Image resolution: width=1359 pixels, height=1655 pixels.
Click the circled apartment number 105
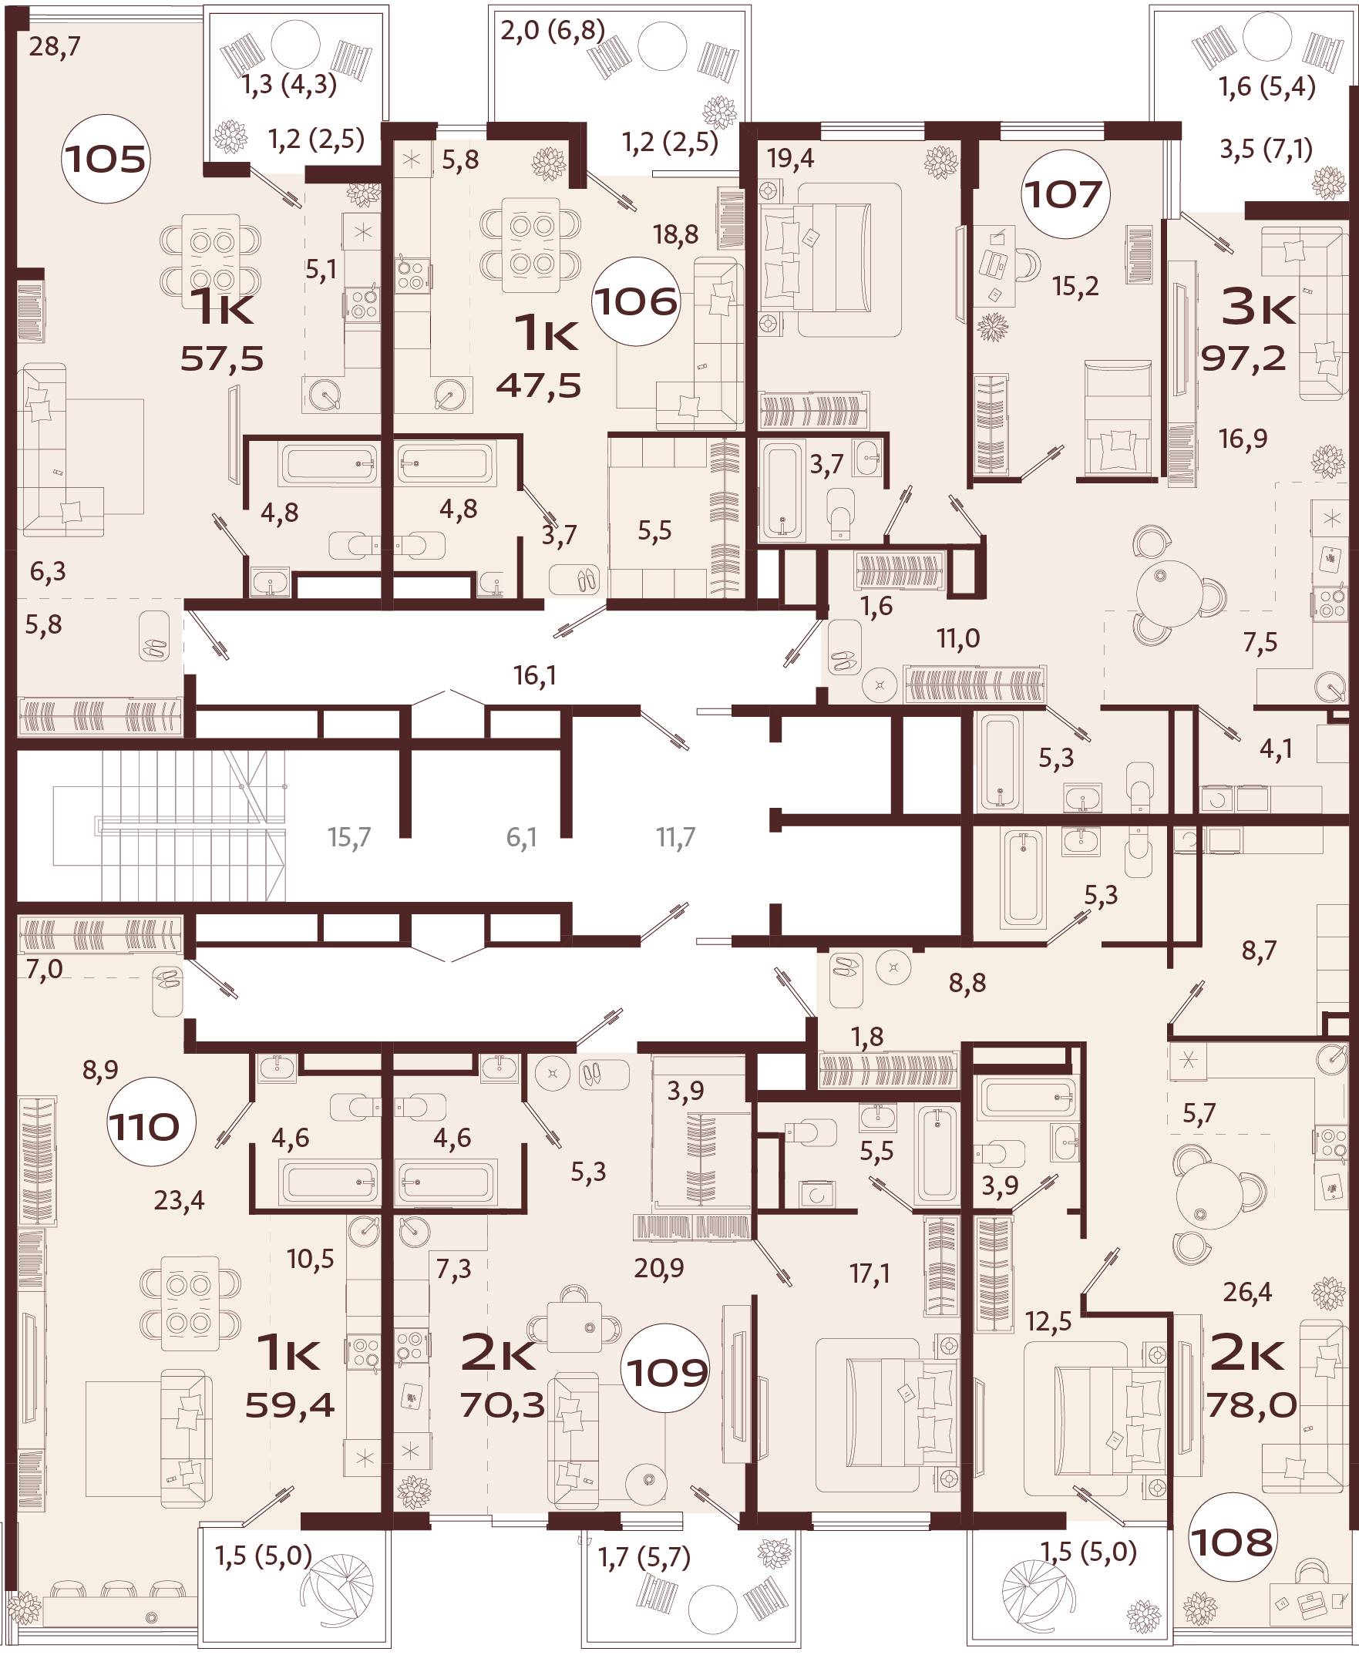(x=105, y=160)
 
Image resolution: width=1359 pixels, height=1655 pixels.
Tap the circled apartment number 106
(x=635, y=301)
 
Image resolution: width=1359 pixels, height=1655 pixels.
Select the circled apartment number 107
(x=1063, y=194)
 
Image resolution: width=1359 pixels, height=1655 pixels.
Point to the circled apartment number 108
(x=1232, y=1542)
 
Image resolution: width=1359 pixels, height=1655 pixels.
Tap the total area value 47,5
(x=539, y=386)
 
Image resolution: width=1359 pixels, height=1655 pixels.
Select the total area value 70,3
(x=503, y=1406)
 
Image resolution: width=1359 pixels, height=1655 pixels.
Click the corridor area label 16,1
(x=535, y=675)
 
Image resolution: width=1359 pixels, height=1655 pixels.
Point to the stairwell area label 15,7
(x=349, y=838)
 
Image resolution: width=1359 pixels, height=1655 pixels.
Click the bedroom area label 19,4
(x=791, y=159)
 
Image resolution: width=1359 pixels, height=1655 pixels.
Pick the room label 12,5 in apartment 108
(x=1048, y=1322)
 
